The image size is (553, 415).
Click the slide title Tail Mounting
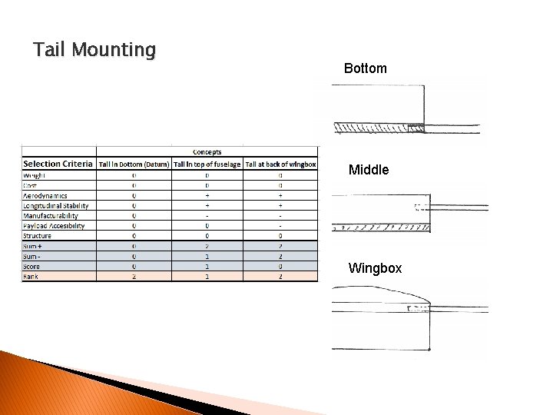94,51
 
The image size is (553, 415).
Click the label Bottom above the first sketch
366,68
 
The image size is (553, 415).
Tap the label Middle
369,170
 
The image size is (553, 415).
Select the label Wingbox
375,268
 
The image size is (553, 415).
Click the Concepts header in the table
207,152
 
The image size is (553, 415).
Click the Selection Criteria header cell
58,164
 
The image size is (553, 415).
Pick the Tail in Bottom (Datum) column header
134,164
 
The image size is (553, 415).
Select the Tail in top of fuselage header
207,164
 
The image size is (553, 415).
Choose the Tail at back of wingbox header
280,164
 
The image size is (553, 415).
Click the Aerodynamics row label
45,195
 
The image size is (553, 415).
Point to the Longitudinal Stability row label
55,205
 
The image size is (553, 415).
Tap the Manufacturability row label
50,216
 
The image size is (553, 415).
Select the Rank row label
31,277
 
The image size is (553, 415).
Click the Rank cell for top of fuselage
207,277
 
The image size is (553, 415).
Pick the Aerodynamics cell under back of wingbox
280,195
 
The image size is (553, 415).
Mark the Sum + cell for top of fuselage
207,246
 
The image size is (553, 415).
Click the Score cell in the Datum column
134,267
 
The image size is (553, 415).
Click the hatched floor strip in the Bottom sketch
376,128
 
